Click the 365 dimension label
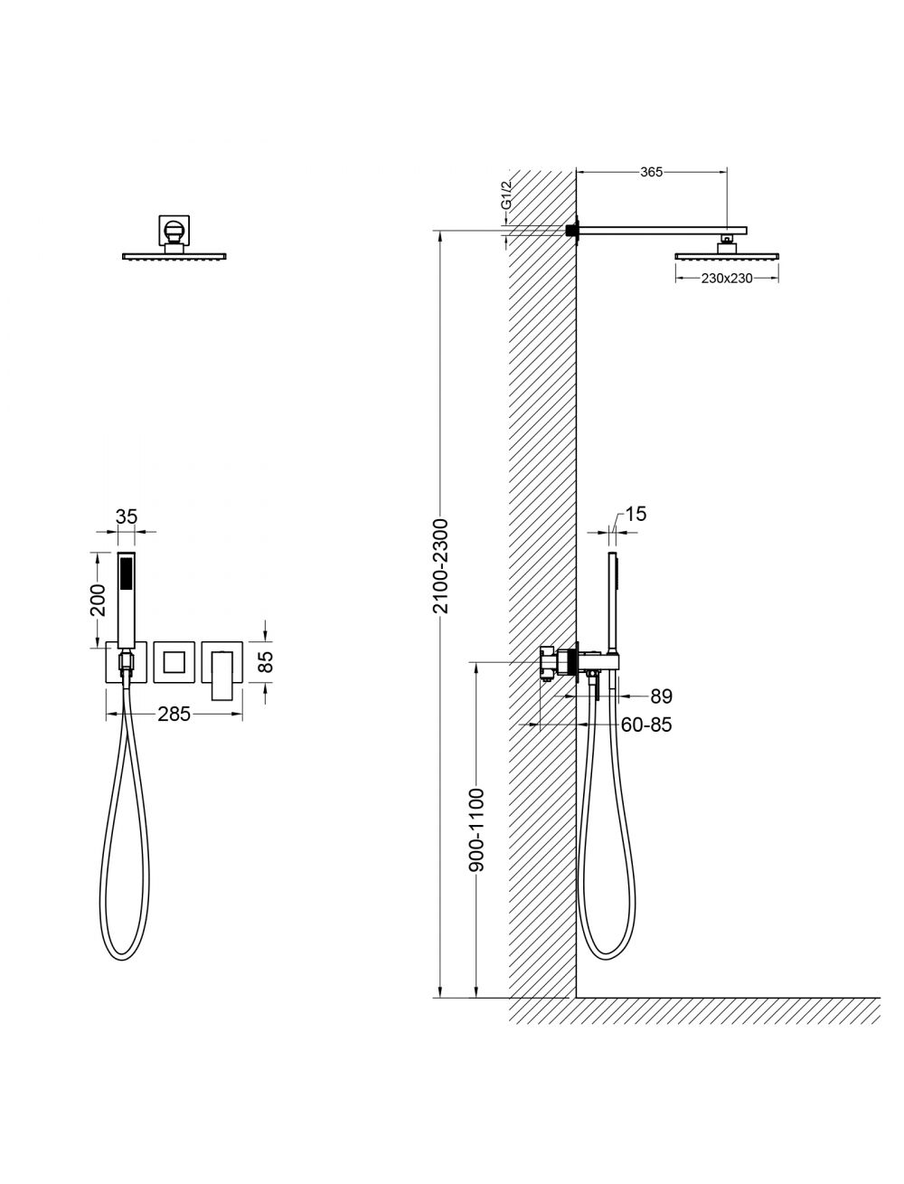point(651,172)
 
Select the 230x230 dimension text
point(727,279)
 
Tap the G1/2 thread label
point(505,197)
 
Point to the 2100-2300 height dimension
point(440,566)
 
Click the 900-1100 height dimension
point(476,830)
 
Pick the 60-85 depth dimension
point(646,725)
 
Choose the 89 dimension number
point(662,696)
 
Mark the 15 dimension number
point(636,514)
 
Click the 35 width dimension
point(127,516)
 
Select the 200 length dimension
point(99,600)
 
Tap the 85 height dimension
point(266,662)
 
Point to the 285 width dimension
point(174,715)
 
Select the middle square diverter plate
point(174,662)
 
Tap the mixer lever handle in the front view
point(221,676)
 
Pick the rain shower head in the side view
point(727,254)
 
